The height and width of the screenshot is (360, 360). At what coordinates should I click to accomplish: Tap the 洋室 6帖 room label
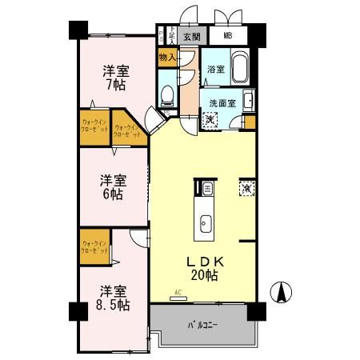click(x=111, y=186)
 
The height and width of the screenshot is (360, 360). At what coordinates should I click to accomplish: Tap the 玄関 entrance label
click(x=190, y=36)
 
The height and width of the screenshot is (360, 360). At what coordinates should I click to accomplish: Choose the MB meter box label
click(x=228, y=36)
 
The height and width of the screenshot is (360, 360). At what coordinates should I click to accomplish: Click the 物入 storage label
click(x=166, y=58)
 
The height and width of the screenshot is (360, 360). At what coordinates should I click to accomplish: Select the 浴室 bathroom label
click(x=214, y=70)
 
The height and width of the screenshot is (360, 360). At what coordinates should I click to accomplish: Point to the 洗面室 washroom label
click(x=221, y=103)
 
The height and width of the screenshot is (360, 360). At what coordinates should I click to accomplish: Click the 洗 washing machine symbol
click(x=210, y=120)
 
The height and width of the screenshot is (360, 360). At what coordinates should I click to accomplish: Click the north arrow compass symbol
click(x=282, y=293)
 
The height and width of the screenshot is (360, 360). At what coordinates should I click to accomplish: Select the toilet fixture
click(x=167, y=96)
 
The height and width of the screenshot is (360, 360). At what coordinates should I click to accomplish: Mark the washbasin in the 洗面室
click(x=248, y=101)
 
